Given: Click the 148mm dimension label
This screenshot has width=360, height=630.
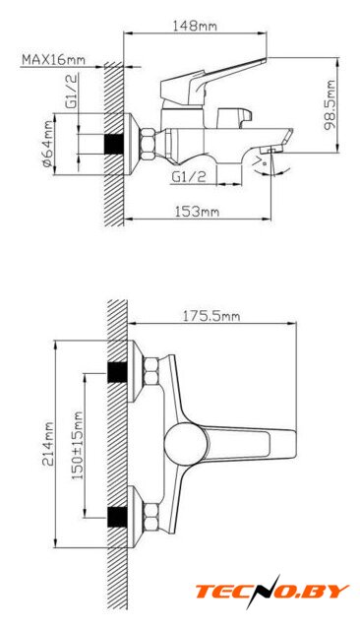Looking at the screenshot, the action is [x=195, y=27].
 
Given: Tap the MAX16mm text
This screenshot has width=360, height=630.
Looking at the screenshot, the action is [x=53, y=59].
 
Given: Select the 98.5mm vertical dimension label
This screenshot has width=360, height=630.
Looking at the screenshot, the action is [x=330, y=105].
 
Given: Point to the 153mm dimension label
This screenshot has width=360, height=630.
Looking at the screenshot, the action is [x=197, y=212].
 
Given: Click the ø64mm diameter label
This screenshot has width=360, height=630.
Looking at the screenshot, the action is [x=47, y=144].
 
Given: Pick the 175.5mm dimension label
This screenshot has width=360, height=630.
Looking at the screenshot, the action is [x=211, y=316].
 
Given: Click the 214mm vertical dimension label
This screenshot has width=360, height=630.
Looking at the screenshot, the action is [x=48, y=444].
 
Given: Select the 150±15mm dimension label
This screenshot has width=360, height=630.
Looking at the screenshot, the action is [x=77, y=446].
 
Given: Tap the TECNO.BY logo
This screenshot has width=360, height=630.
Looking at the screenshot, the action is [x=272, y=592].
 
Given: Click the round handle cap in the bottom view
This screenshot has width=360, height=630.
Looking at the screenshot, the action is [x=186, y=444].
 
